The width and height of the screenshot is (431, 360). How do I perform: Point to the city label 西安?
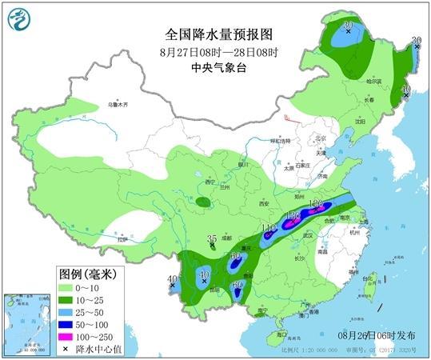pos(265,204)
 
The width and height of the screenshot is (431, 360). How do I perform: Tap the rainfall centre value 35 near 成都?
pos(212,238)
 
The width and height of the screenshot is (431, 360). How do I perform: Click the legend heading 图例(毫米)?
pos(87,274)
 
